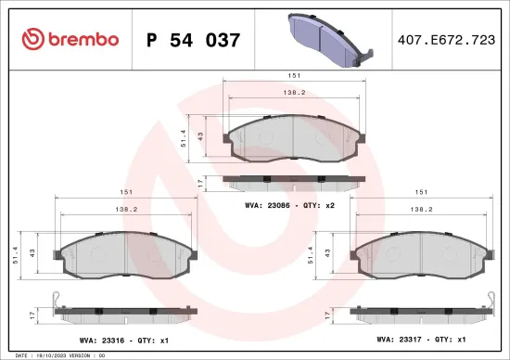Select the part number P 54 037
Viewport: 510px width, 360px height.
click(x=195, y=40)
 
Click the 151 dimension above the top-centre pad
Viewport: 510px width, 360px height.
click(x=292, y=75)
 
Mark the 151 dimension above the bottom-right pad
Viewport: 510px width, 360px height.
click(x=422, y=191)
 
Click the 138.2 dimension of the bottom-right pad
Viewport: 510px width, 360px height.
click(x=422, y=210)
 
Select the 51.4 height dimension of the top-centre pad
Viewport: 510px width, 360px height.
click(x=185, y=138)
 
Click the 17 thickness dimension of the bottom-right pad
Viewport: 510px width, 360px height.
click(x=327, y=315)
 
